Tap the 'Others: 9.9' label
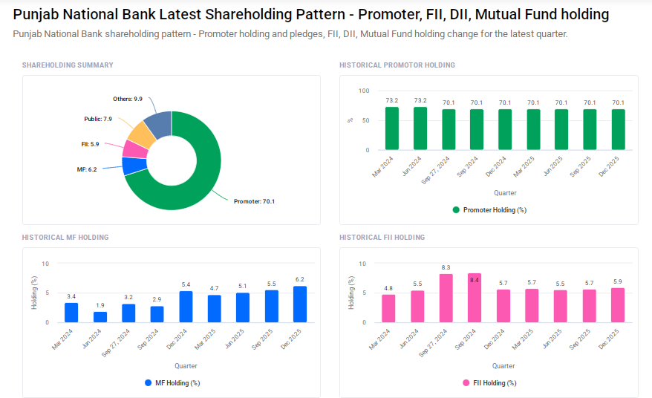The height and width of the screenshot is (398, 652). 127,99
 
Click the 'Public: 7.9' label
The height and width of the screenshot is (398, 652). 97,119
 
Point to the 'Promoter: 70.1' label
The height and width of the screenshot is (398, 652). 254,201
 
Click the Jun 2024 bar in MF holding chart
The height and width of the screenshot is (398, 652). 100,317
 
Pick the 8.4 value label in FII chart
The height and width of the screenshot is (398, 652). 474,280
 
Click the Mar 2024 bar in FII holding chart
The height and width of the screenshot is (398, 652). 388,309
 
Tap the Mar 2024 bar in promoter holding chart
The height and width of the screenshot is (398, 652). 392,129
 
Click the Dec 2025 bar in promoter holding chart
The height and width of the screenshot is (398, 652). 618,131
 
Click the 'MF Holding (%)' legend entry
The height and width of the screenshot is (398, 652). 172,383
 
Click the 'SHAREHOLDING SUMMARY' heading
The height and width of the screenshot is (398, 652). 68,65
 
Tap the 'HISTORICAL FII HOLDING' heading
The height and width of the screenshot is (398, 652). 382,238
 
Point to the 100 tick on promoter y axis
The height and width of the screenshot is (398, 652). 363,91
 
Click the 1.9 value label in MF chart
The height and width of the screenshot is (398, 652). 100,305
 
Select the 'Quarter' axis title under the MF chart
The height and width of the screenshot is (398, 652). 186,365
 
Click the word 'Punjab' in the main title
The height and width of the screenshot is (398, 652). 38,14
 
